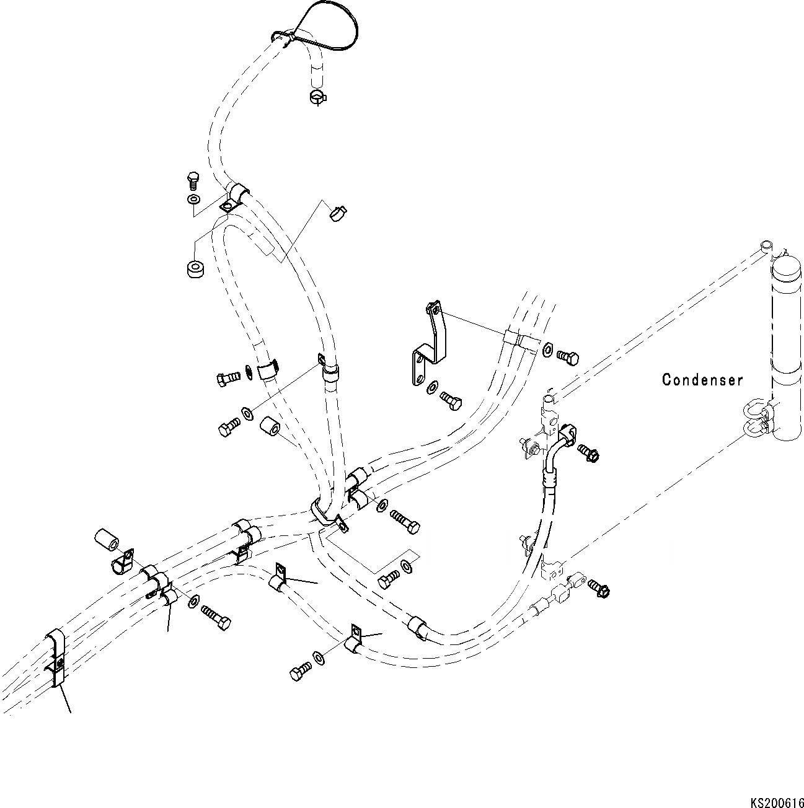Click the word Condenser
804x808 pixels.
point(702,379)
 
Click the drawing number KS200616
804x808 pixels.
point(775,802)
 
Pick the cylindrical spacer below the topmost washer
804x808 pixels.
point(195,269)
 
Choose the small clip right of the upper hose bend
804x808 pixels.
point(338,212)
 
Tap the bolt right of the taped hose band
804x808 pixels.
point(567,357)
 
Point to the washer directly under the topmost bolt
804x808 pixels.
point(193,200)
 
